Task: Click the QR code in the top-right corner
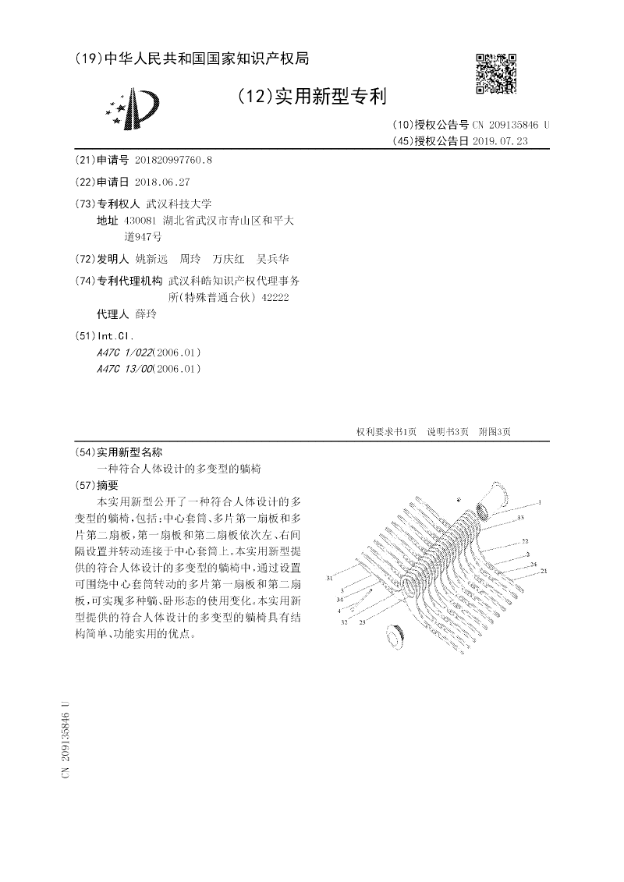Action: pos(496,73)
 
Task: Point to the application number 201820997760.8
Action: pos(173,160)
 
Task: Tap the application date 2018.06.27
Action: pos(162,182)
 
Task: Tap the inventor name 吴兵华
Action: pos(272,259)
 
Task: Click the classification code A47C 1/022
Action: pos(124,352)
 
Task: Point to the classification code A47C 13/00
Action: pos(125,369)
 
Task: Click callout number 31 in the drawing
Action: pos(330,578)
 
